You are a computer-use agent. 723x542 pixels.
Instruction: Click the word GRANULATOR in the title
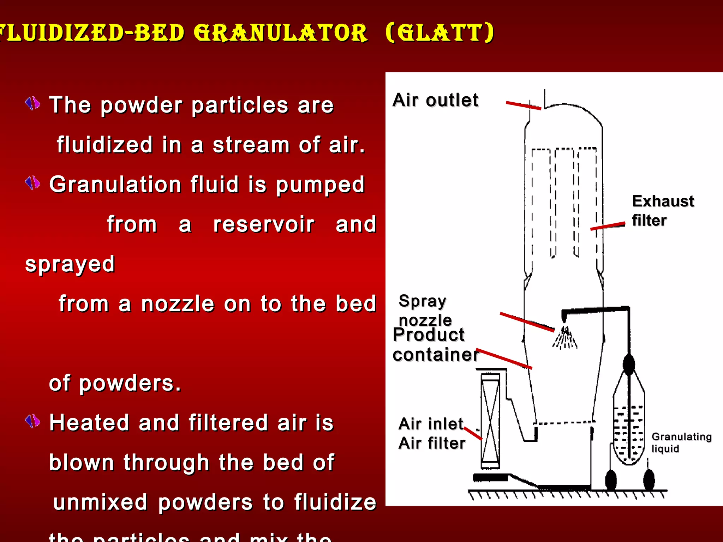pyautogui.click(x=281, y=33)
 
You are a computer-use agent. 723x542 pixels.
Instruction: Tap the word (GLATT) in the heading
pyautogui.click(x=440, y=33)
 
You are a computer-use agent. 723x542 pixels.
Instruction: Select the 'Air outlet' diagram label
pyautogui.click(x=435, y=100)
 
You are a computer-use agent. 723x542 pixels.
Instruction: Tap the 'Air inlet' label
pyautogui.click(x=431, y=424)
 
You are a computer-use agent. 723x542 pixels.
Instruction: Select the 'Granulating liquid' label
pyautogui.click(x=681, y=442)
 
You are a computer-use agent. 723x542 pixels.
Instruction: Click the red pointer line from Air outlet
pyautogui.click(x=523, y=106)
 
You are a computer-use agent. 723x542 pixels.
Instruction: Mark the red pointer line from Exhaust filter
pyautogui.click(x=607, y=226)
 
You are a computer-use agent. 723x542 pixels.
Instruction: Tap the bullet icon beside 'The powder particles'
pyautogui.click(x=33, y=103)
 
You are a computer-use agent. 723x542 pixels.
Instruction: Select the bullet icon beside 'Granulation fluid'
pyautogui.click(x=33, y=183)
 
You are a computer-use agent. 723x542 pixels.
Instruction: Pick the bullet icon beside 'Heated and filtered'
pyautogui.click(x=33, y=421)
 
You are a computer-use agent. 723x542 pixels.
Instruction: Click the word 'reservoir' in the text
pyautogui.click(x=264, y=225)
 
